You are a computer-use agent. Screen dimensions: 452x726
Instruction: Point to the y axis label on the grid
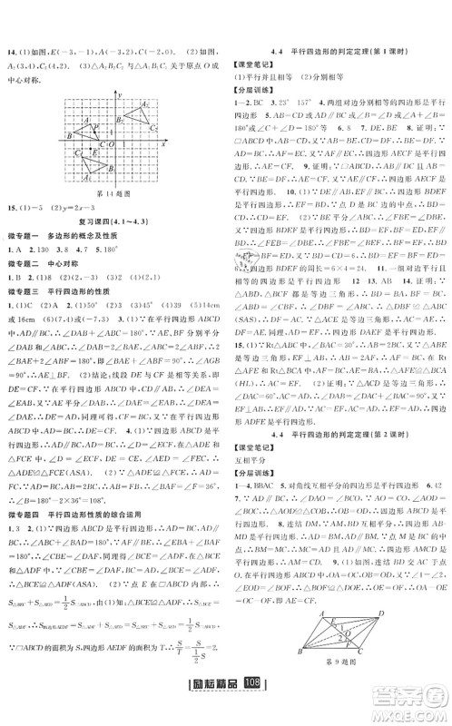118,94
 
